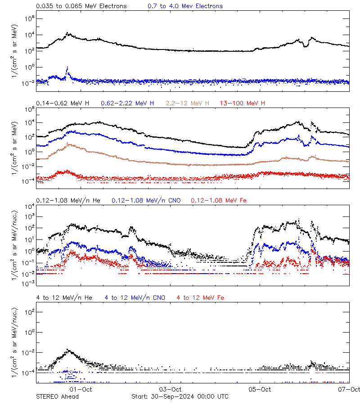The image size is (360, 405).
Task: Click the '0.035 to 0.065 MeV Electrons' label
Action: [x=81, y=6]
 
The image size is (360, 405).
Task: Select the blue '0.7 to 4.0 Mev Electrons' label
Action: [x=185, y=6]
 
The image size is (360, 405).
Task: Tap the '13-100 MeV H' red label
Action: [x=243, y=103]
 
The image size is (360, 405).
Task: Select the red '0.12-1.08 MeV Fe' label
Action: [x=219, y=200]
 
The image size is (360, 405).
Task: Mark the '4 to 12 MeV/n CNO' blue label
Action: [x=135, y=297]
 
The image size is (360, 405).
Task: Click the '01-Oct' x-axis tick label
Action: [x=81, y=389]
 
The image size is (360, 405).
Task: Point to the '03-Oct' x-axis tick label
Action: [x=170, y=389]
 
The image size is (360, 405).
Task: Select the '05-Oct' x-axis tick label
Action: [x=260, y=389]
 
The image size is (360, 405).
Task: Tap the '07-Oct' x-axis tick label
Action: [x=349, y=389]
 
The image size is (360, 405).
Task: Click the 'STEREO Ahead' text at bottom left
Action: [x=57, y=396]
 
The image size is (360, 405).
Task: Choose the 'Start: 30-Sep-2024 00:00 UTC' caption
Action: [x=180, y=396]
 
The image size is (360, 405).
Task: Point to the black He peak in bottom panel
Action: [x=68, y=350]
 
